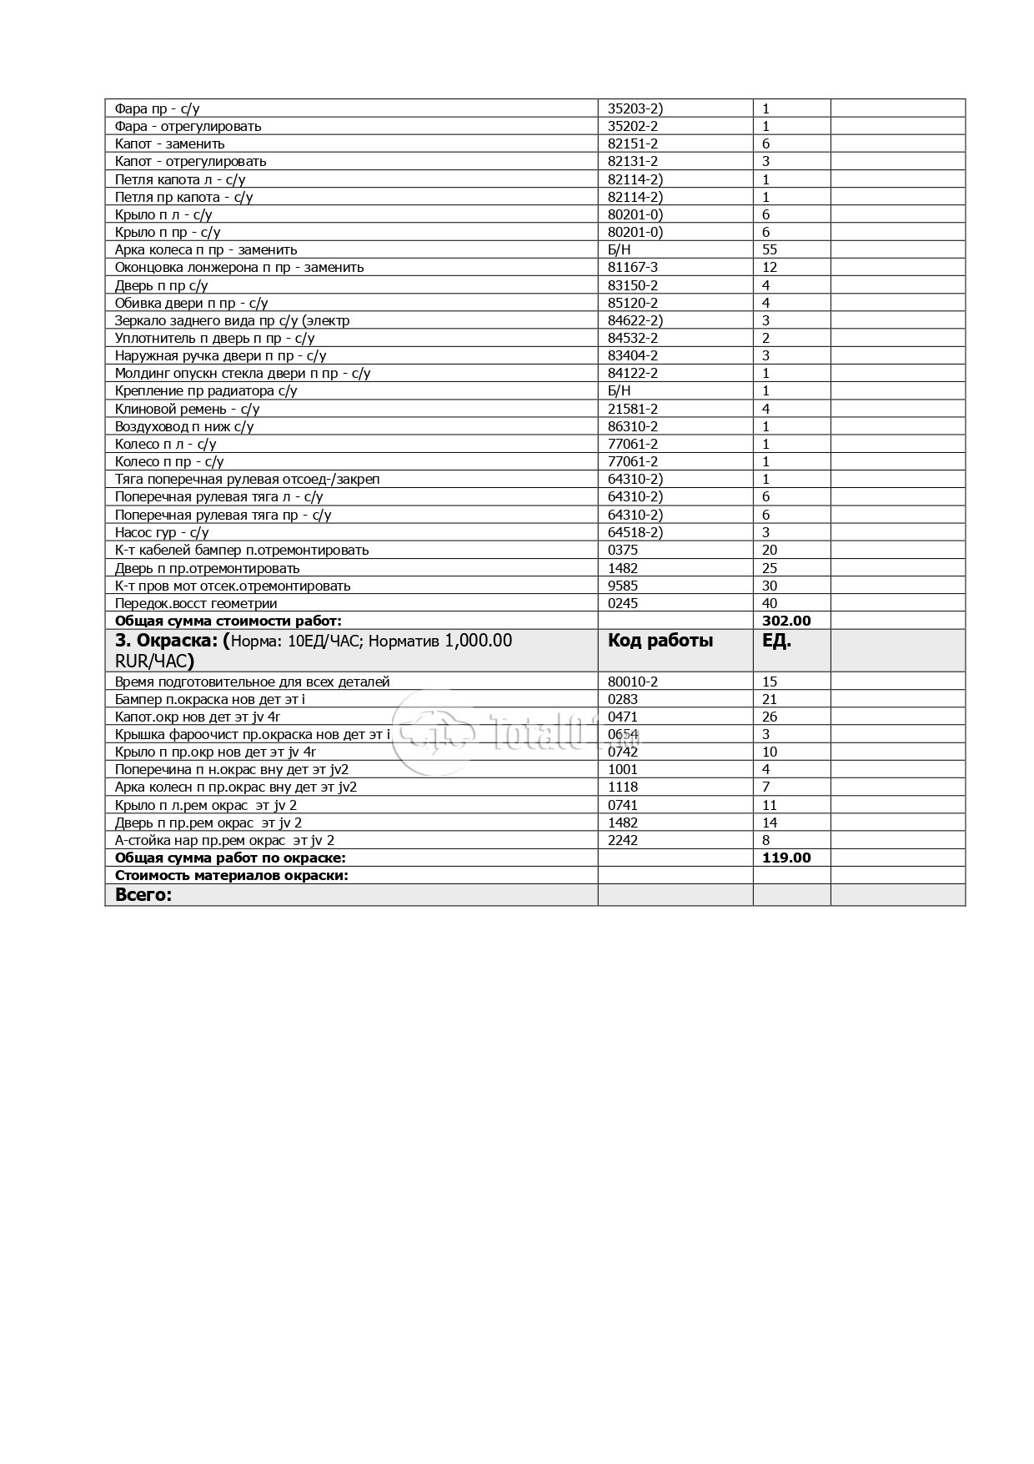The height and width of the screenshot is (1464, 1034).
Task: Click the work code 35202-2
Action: pos(632,126)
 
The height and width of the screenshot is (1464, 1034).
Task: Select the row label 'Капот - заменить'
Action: pos(169,143)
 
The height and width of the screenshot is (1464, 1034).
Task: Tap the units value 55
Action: pos(769,249)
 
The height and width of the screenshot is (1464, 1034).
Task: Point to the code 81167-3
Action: pos(632,267)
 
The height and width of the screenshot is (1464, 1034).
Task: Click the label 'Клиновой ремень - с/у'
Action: pos(187,409)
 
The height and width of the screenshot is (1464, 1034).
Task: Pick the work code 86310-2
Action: pos(632,426)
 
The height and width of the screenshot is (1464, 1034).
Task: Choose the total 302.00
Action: pos(786,621)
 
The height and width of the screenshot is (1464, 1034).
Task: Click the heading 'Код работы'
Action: pos(660,641)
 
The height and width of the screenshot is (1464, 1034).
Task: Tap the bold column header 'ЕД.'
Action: pos(776,641)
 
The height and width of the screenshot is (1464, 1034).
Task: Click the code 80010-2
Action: pos(632,682)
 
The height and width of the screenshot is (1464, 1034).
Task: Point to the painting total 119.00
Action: pos(786,858)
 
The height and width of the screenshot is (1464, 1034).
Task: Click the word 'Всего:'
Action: pos(143,895)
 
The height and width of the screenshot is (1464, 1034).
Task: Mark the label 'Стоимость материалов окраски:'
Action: pos(231,875)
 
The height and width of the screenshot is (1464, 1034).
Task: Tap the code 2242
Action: pos(622,840)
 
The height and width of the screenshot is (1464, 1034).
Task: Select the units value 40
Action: pos(769,603)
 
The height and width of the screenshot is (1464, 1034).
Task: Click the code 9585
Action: pos(622,586)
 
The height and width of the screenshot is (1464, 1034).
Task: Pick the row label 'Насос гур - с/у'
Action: pos(162,532)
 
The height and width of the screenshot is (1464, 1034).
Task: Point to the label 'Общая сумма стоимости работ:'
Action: pos(228,621)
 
